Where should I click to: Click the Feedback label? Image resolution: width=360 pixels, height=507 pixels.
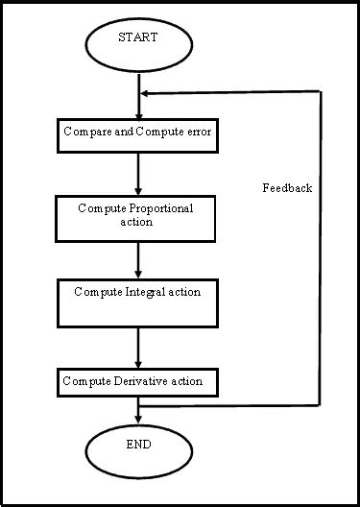click(287, 188)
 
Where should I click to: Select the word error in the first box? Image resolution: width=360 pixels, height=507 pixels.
click(200, 131)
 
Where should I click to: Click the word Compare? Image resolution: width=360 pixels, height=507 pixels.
click(84, 131)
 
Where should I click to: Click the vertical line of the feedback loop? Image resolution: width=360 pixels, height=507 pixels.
click(320, 250)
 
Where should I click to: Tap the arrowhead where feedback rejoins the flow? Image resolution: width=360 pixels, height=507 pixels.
click(144, 93)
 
